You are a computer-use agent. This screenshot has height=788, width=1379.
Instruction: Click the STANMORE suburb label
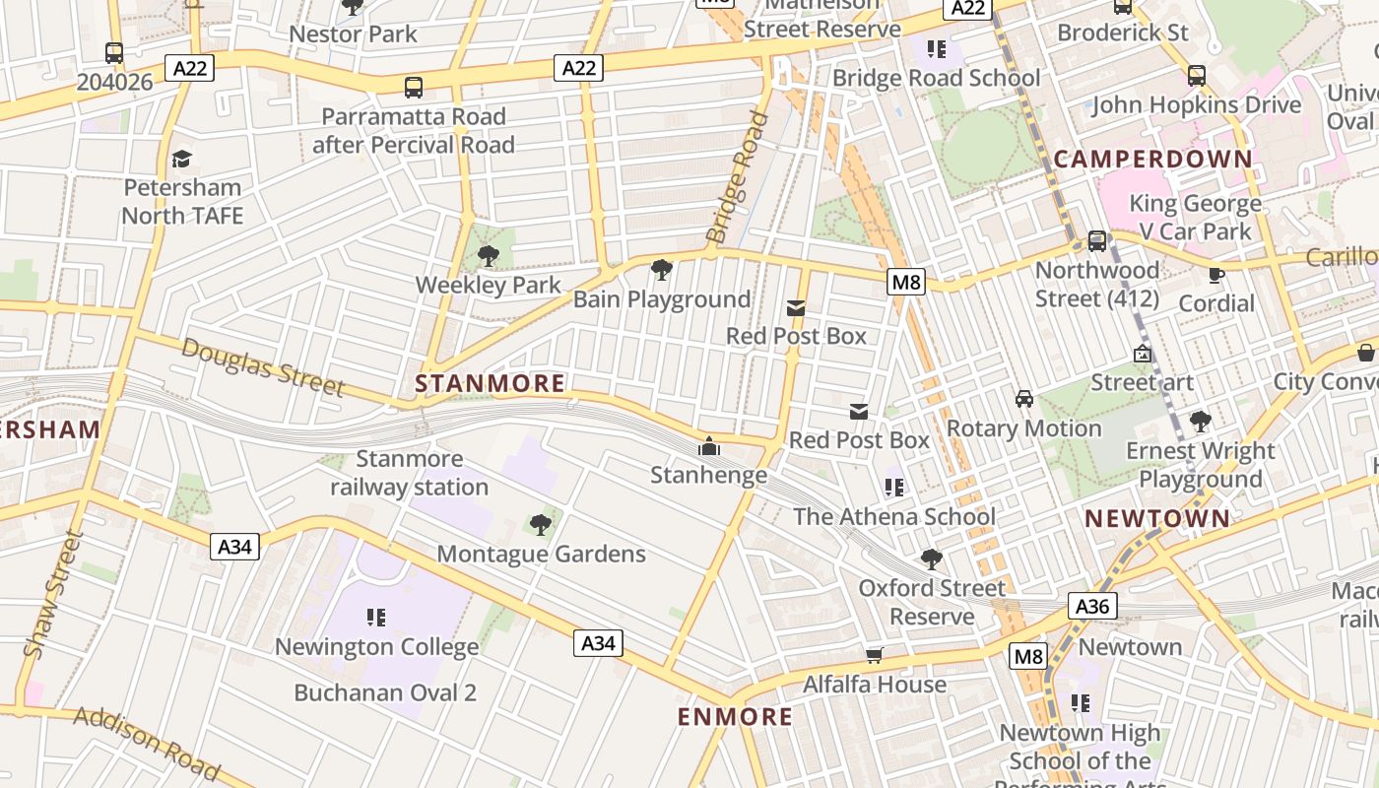491,383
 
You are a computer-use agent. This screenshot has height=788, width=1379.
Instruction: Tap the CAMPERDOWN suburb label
1153,159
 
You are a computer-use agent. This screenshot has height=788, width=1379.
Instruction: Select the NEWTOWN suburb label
1157,518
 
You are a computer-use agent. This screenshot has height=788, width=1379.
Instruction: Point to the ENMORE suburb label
735,716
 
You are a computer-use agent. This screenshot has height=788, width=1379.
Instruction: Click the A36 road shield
1092,606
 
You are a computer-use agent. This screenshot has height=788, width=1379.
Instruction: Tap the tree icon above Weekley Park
488,257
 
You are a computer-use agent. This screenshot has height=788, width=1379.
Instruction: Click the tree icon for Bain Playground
662,269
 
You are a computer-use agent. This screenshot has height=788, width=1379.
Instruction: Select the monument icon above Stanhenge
708,447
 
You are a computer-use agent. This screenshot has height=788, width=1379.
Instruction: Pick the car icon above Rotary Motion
1024,399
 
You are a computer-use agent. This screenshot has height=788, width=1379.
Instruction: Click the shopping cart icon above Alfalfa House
874,655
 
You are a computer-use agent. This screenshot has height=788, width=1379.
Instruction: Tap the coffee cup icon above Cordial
1216,275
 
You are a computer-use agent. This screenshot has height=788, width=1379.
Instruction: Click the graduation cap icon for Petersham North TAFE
181,159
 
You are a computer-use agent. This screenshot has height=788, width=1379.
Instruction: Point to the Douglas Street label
262,365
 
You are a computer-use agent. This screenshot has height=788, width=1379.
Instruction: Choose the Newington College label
376,647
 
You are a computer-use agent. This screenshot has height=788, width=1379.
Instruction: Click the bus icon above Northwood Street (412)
1096,240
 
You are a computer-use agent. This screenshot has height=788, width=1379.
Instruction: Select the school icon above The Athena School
894,487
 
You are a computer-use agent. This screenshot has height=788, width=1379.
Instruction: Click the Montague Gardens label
541,554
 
